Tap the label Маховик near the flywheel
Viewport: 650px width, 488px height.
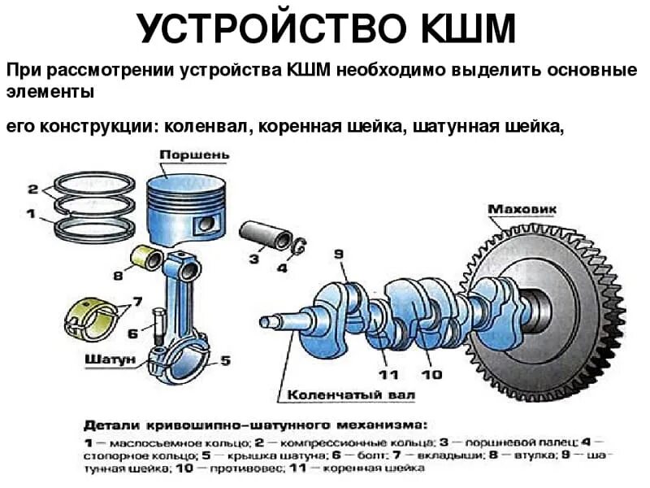click(x=522, y=210)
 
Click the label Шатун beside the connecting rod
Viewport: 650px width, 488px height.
click(x=107, y=359)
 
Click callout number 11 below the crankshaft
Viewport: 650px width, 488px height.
click(x=388, y=374)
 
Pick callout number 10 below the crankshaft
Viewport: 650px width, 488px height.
click(x=431, y=374)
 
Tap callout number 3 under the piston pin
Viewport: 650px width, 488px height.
click(x=254, y=259)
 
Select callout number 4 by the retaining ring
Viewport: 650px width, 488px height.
click(x=282, y=267)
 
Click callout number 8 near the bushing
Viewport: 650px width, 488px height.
click(x=119, y=277)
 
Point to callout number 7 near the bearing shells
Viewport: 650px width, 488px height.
click(x=137, y=302)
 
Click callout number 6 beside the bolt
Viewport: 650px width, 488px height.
click(x=133, y=333)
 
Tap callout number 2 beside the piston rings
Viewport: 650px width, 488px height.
click(x=32, y=190)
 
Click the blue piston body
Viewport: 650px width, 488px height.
click(x=184, y=207)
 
